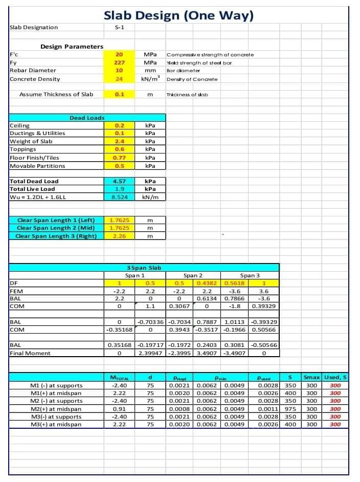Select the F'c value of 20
point(119,54)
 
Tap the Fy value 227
point(119,62)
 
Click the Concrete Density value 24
point(119,79)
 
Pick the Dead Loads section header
point(87,118)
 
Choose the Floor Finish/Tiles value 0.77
point(119,158)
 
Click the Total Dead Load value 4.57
point(119,181)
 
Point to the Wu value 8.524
point(119,196)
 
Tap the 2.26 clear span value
point(119,236)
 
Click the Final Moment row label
point(30,353)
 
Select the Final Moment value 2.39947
point(150,353)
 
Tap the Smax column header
point(312,378)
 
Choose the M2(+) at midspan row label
point(56,409)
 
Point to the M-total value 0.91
point(119,409)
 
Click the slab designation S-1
point(119,27)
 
